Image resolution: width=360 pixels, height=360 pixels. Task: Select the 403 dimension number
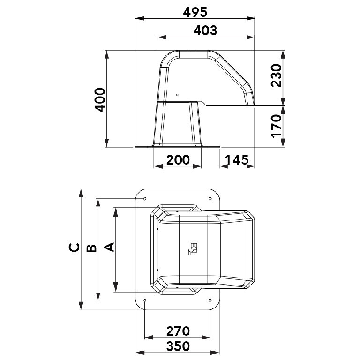point(205,30)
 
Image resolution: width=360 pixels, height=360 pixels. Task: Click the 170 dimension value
point(276,125)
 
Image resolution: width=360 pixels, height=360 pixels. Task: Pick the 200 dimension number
point(178,160)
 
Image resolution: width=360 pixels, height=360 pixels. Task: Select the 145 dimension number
point(237,160)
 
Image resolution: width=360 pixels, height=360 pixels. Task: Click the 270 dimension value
point(178,331)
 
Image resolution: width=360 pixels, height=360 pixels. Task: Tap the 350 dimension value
point(178,346)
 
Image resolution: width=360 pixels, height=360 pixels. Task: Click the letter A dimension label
point(108,247)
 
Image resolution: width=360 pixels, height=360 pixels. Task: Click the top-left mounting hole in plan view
point(145,198)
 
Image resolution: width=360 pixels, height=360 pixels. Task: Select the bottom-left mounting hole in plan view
point(145,300)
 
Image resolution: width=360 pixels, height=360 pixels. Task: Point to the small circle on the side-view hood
point(177,95)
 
